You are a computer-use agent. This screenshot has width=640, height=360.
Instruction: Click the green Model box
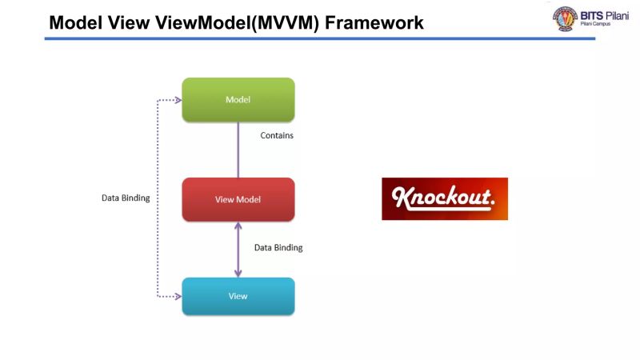[238, 99]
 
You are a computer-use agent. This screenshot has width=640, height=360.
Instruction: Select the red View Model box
[238, 199]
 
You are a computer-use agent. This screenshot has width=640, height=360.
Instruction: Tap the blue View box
[238, 296]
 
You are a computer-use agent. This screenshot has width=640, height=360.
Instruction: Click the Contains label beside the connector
[277, 135]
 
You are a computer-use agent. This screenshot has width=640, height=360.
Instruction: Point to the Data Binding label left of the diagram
[125, 197]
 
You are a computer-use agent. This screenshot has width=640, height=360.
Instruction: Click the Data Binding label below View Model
[278, 248]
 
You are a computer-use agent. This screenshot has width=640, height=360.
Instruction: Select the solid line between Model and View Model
[238, 150]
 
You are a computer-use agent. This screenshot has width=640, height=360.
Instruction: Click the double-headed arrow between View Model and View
[238, 249]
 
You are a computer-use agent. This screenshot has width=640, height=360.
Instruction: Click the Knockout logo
[444, 198]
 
